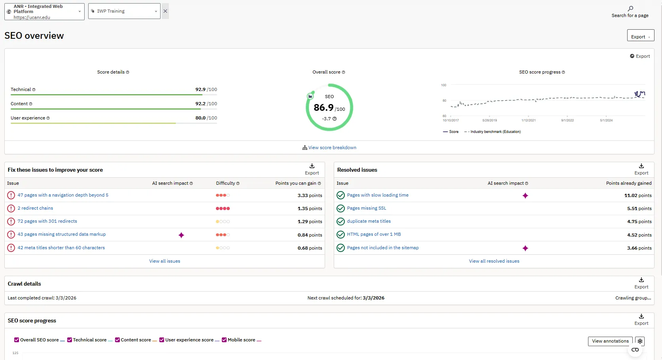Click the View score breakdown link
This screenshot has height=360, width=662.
pos(332,148)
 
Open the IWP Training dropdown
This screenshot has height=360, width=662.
pos(124,11)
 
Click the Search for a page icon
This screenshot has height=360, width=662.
pos(630,9)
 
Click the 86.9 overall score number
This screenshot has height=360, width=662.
pos(323,108)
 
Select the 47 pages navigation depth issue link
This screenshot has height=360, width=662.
pos(63,195)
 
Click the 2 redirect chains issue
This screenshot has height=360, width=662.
pos(35,208)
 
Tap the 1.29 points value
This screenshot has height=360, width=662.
pos(310,222)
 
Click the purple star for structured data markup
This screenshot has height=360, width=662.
pos(181,235)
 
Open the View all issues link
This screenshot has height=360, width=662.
pos(165,261)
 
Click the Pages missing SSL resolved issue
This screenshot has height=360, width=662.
pos(366,208)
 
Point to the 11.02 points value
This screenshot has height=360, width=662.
pos(637,195)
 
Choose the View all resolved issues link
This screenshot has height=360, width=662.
pos(494,261)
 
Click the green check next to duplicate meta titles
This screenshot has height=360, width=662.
pos(340,222)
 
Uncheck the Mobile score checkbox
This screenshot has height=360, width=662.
pos(224,340)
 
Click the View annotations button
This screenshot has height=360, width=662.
pos(610,341)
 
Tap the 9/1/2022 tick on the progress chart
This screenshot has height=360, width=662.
pos(567,120)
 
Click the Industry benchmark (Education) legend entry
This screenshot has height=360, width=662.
pos(495,132)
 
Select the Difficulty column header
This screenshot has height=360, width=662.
pos(225,183)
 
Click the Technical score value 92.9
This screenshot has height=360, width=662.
pos(200,89)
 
